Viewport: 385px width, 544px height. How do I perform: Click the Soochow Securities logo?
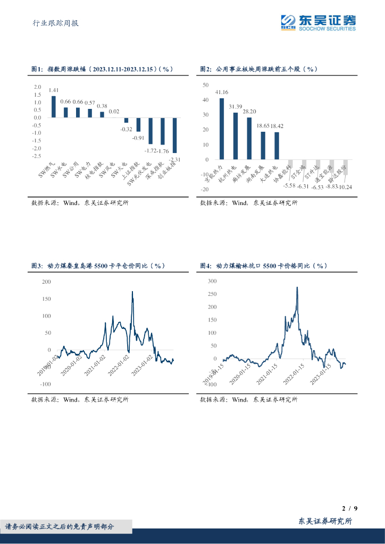[x=318, y=22]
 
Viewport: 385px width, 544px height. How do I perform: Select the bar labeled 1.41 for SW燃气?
[x=53, y=106]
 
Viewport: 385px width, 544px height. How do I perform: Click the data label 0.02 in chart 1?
[x=114, y=112]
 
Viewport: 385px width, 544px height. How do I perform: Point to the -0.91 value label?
[x=138, y=138]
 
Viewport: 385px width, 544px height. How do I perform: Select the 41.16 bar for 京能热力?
[x=222, y=129]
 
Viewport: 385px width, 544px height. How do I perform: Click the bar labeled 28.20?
[x=249, y=138]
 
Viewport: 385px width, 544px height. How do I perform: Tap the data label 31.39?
[x=235, y=107]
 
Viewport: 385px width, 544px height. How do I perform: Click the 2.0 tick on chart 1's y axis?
[x=37, y=87]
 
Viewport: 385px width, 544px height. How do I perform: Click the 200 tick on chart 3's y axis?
[x=46, y=282]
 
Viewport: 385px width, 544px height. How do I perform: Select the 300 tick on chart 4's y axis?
[x=212, y=280]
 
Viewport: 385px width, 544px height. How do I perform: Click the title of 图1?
[x=103, y=69]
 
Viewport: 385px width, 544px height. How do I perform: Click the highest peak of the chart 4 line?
[x=297, y=288]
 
